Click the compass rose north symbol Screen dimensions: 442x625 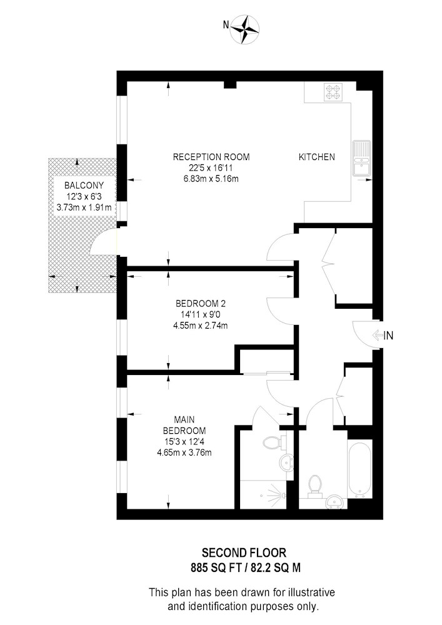coord(245,29)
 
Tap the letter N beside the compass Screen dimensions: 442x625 coord(226,25)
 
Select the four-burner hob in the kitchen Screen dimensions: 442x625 coord(333,92)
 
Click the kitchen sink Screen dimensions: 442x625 coord(362,158)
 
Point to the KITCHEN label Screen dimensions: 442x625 coord(317,157)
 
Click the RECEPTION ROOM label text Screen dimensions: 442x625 coord(211,157)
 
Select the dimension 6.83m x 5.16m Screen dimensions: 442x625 coord(211,179)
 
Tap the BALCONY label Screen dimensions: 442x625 coord(84,186)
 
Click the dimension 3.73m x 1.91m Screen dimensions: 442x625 coord(84,207)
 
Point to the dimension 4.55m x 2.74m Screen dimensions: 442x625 coord(201,326)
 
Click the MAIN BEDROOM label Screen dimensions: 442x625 coord(184,425)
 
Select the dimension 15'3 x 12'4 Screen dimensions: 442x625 coord(184,442)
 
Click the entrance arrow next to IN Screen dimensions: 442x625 coord(377,335)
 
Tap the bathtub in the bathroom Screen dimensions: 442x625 coord(359,469)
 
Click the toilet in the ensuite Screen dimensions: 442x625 coord(274,442)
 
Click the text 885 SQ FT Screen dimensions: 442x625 coord(216,567)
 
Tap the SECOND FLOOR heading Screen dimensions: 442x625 coord(244,553)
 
